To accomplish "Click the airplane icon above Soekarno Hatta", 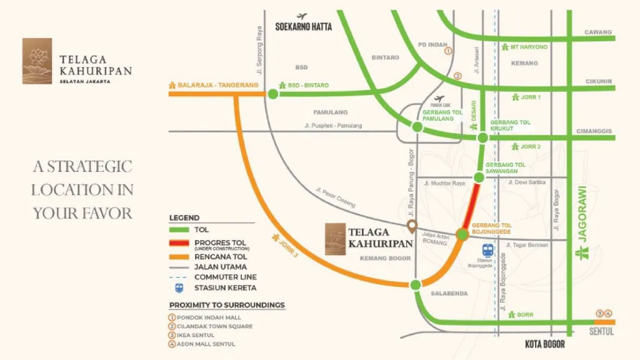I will [303, 17].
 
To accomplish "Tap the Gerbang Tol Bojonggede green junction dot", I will [462, 234].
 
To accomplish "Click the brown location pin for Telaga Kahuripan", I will [411, 226].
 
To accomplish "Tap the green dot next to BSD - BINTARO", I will [273, 94].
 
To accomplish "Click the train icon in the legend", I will [179, 288].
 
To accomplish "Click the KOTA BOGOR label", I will [544, 344].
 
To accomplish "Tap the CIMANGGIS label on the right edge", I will [598, 131].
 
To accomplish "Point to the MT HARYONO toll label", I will [528, 47].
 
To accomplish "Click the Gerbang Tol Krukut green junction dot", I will [482, 137].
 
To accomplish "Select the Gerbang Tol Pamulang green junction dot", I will [416, 127].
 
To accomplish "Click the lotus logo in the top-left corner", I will [37, 61].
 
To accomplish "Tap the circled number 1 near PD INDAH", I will [448, 53].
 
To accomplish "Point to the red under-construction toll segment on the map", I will [472, 203].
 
